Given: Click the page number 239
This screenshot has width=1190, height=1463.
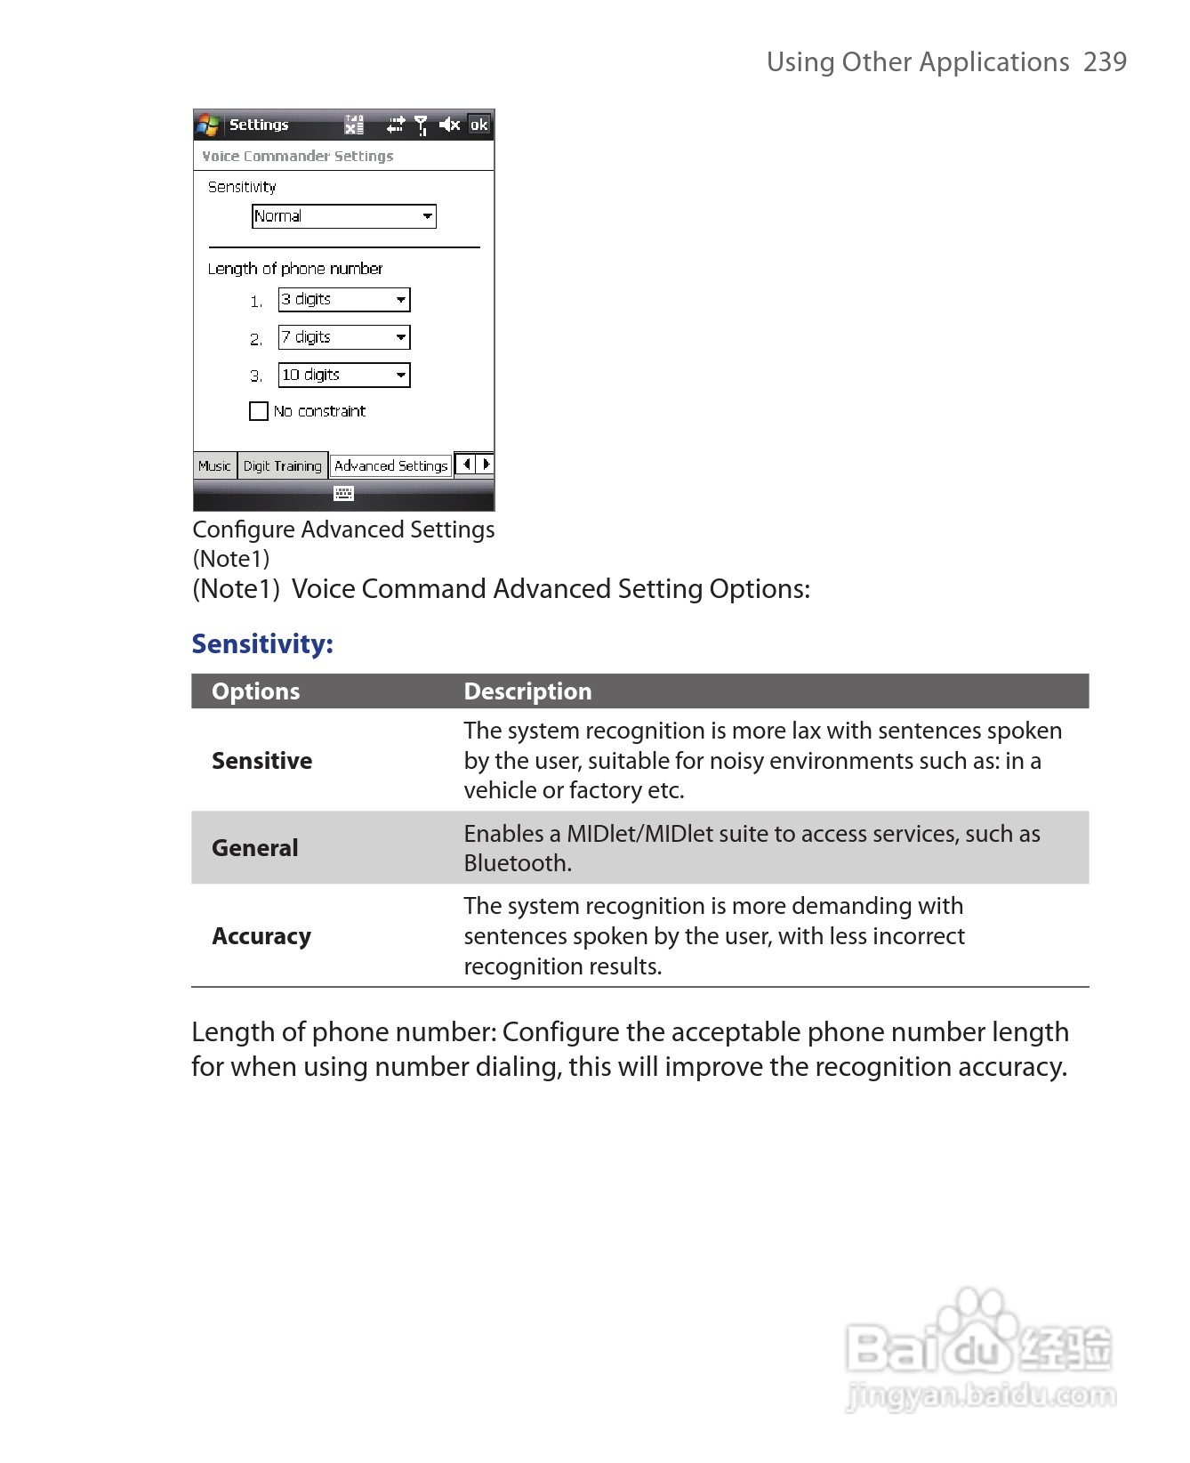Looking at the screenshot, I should [x=1105, y=62].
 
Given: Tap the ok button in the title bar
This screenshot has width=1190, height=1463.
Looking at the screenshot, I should [x=478, y=125].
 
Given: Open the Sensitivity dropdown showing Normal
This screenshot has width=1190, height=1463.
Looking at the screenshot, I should [x=343, y=216].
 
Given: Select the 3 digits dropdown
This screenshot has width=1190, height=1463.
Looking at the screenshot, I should [x=343, y=300].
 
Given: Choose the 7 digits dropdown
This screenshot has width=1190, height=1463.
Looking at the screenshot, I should [x=343, y=337].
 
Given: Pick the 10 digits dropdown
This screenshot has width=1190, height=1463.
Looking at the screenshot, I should [x=343, y=376].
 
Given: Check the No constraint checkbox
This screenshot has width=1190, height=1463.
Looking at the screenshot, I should [x=259, y=411].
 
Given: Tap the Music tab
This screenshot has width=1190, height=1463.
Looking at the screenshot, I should [x=214, y=465].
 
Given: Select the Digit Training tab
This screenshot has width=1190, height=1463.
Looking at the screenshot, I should [x=282, y=465].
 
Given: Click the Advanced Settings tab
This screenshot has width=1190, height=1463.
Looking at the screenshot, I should [x=390, y=465].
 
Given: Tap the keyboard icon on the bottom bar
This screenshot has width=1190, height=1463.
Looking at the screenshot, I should [x=343, y=493].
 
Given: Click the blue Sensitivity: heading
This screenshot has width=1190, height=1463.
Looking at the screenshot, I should [x=262, y=643].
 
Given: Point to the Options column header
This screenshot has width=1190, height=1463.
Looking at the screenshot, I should [x=256, y=691].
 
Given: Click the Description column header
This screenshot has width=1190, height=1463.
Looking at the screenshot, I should [x=527, y=691].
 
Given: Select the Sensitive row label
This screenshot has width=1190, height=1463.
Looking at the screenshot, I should [x=261, y=761].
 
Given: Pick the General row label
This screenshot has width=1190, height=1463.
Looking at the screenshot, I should [x=254, y=848].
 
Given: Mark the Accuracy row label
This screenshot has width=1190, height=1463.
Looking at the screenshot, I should [x=261, y=936].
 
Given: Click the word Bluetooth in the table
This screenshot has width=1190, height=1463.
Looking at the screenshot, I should [x=516, y=863].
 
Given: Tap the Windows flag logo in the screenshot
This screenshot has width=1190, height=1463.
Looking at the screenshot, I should [x=208, y=125].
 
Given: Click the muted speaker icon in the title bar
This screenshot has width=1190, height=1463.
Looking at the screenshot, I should [x=449, y=125].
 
